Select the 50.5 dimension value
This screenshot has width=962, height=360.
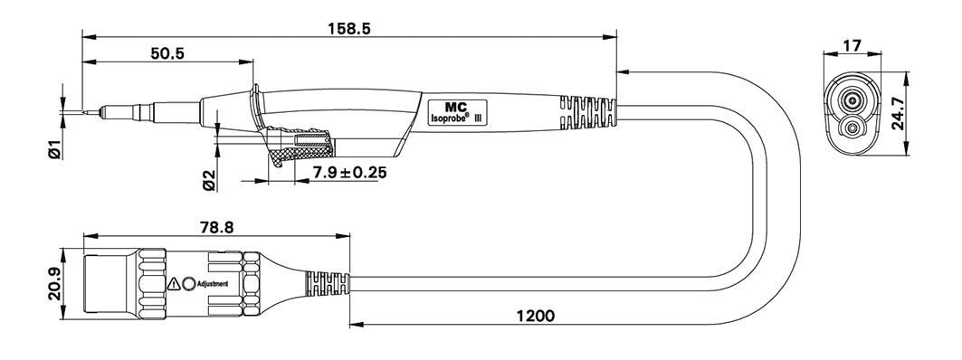pyautogui.click(x=167, y=53)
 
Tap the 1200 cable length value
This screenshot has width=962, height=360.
pyautogui.click(x=535, y=316)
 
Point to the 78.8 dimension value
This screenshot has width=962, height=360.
pyautogui.click(x=215, y=228)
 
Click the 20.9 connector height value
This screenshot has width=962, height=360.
pyautogui.click(x=54, y=284)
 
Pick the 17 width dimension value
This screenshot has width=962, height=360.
pyautogui.click(x=852, y=44)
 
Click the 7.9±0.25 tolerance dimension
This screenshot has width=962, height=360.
pyautogui.click(x=350, y=173)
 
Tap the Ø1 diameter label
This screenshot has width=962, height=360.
pyautogui.click(x=54, y=149)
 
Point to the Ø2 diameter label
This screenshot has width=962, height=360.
pyautogui.click(x=209, y=180)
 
